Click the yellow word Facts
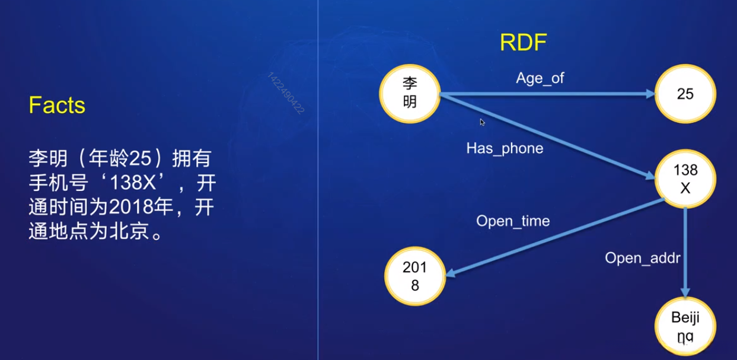pos(57,106)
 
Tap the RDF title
pos(523,43)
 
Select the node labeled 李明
pos(409,93)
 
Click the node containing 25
pos(685,94)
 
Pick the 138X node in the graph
pos(685,179)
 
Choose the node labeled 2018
pos(414,276)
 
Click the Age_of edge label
pos(540,78)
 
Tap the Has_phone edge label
pos(505,148)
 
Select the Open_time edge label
pos(513,221)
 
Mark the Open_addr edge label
pos(642,258)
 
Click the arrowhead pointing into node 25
pos(650,94)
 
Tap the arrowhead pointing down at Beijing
pos(685,292)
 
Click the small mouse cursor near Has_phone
pos(482,122)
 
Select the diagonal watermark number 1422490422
pos(286,93)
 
